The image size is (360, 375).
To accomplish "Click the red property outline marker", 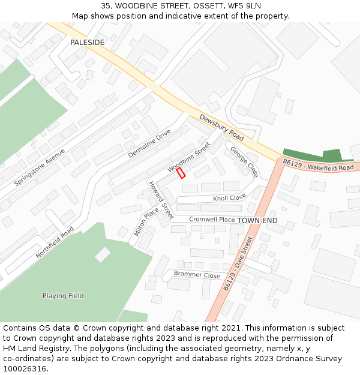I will click(x=181, y=173).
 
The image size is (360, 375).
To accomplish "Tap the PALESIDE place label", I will click(x=87, y=43).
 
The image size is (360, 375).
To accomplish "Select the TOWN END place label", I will click(x=257, y=221).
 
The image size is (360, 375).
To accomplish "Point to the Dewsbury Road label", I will click(x=221, y=128).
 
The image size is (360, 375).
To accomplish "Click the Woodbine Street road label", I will click(x=189, y=157).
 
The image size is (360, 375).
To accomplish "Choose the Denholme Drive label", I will click(x=149, y=143).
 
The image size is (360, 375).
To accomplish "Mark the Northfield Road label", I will click(x=55, y=242).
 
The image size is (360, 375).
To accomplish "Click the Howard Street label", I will click(x=160, y=199).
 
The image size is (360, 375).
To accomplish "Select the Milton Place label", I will click(x=146, y=221).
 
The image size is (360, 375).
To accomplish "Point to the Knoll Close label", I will click(x=229, y=197).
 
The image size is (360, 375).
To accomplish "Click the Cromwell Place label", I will click(x=212, y=220).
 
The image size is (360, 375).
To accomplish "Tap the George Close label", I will click(x=244, y=162).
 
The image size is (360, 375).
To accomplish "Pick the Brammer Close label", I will click(x=197, y=275).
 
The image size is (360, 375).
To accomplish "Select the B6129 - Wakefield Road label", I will click(x=319, y=166).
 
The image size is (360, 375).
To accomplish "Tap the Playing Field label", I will click(x=63, y=296).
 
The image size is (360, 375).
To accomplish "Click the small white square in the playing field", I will click(x=103, y=254).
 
